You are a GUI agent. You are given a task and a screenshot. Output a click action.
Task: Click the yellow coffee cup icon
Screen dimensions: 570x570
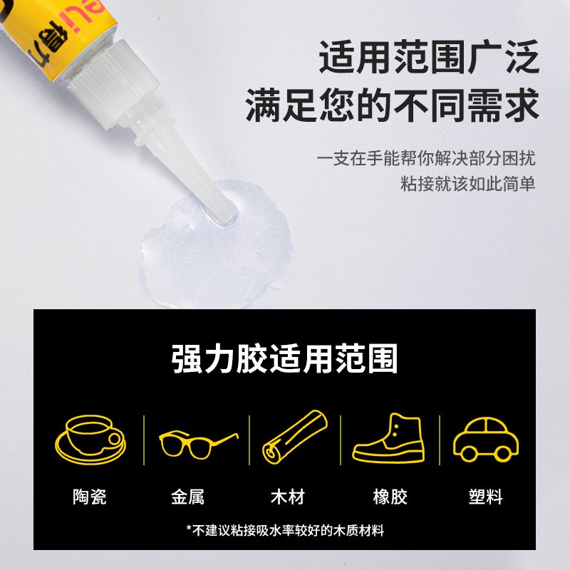coord(90,440)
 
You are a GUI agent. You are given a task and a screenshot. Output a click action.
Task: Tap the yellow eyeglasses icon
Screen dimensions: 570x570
coord(198,444)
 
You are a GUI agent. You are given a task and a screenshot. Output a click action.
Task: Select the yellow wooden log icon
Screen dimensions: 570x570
coord(295,437)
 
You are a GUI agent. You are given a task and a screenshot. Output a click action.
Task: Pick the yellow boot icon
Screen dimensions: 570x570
coord(388,438)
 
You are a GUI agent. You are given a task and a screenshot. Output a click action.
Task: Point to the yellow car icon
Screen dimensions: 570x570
coord(486,440)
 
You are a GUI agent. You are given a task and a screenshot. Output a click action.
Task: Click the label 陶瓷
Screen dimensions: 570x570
coord(90,497)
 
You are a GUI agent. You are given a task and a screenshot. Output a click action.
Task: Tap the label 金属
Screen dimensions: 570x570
coord(187,497)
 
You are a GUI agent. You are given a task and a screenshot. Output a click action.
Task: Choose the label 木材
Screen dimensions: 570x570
coord(288,497)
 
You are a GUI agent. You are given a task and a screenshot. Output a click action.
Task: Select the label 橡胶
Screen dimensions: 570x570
coord(390,497)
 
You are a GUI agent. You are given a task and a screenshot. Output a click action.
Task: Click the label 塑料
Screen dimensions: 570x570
coord(486,497)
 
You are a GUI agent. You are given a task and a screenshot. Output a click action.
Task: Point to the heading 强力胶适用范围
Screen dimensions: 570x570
coord(284,359)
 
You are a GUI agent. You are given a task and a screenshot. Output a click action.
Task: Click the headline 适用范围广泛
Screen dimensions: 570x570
coord(429,57)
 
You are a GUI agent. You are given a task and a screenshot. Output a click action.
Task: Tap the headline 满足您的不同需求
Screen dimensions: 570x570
coord(392,105)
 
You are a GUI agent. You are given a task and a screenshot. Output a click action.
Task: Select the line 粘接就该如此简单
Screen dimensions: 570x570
coord(468,183)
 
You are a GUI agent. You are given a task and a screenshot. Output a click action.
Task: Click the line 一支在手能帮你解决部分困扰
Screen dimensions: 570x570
coord(426,158)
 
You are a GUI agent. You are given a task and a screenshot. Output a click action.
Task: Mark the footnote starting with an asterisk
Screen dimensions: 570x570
coord(286,530)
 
